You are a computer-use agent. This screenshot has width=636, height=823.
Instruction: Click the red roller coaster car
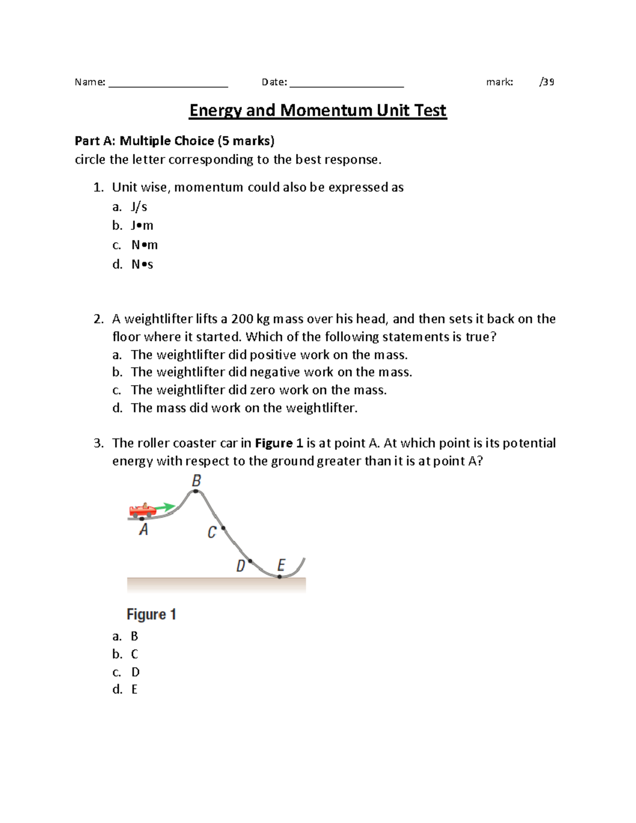142,510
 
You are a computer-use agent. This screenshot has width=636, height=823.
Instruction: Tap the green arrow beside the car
166,507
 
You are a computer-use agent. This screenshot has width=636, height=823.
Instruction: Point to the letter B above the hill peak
196,481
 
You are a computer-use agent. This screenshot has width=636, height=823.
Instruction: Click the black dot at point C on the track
223,528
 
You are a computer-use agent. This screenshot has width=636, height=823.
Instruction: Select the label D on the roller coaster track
241,566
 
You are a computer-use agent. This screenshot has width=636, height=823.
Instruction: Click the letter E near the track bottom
281,565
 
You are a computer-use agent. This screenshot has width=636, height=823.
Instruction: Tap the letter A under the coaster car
144,529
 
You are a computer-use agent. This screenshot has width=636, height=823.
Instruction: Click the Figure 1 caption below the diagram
151,614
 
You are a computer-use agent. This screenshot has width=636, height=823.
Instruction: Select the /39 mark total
546,82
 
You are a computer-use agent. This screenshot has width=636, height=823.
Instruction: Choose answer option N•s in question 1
142,264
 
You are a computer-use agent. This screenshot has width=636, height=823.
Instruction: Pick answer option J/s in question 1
139,207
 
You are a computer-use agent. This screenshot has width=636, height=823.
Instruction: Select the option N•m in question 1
144,245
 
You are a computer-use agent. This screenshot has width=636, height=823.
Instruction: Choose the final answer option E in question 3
134,689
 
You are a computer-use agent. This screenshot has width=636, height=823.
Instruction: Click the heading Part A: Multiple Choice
174,140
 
